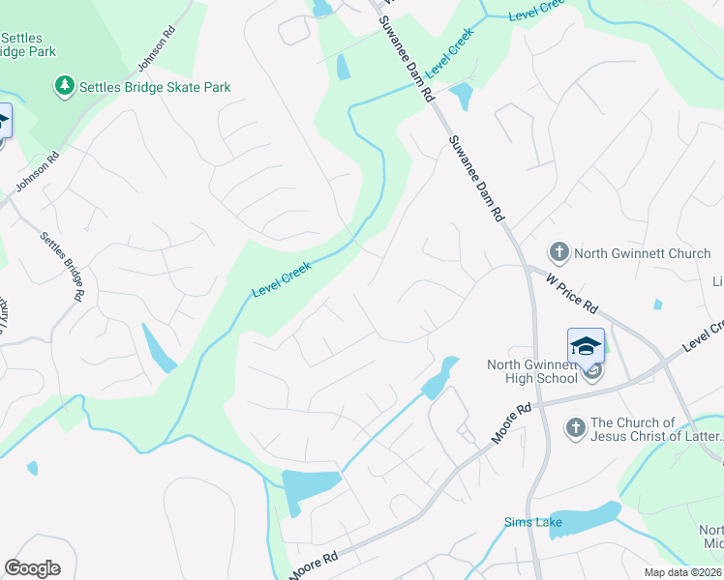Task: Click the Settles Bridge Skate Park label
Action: [x=156, y=87]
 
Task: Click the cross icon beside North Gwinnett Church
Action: [x=558, y=253]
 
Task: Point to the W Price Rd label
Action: [x=571, y=290]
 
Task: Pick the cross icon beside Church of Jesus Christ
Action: [x=576, y=426]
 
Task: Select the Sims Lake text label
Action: [x=527, y=523]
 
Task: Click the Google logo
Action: [x=32, y=568]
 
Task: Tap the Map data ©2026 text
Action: [x=682, y=572]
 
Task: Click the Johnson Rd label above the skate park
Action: [x=156, y=48]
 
